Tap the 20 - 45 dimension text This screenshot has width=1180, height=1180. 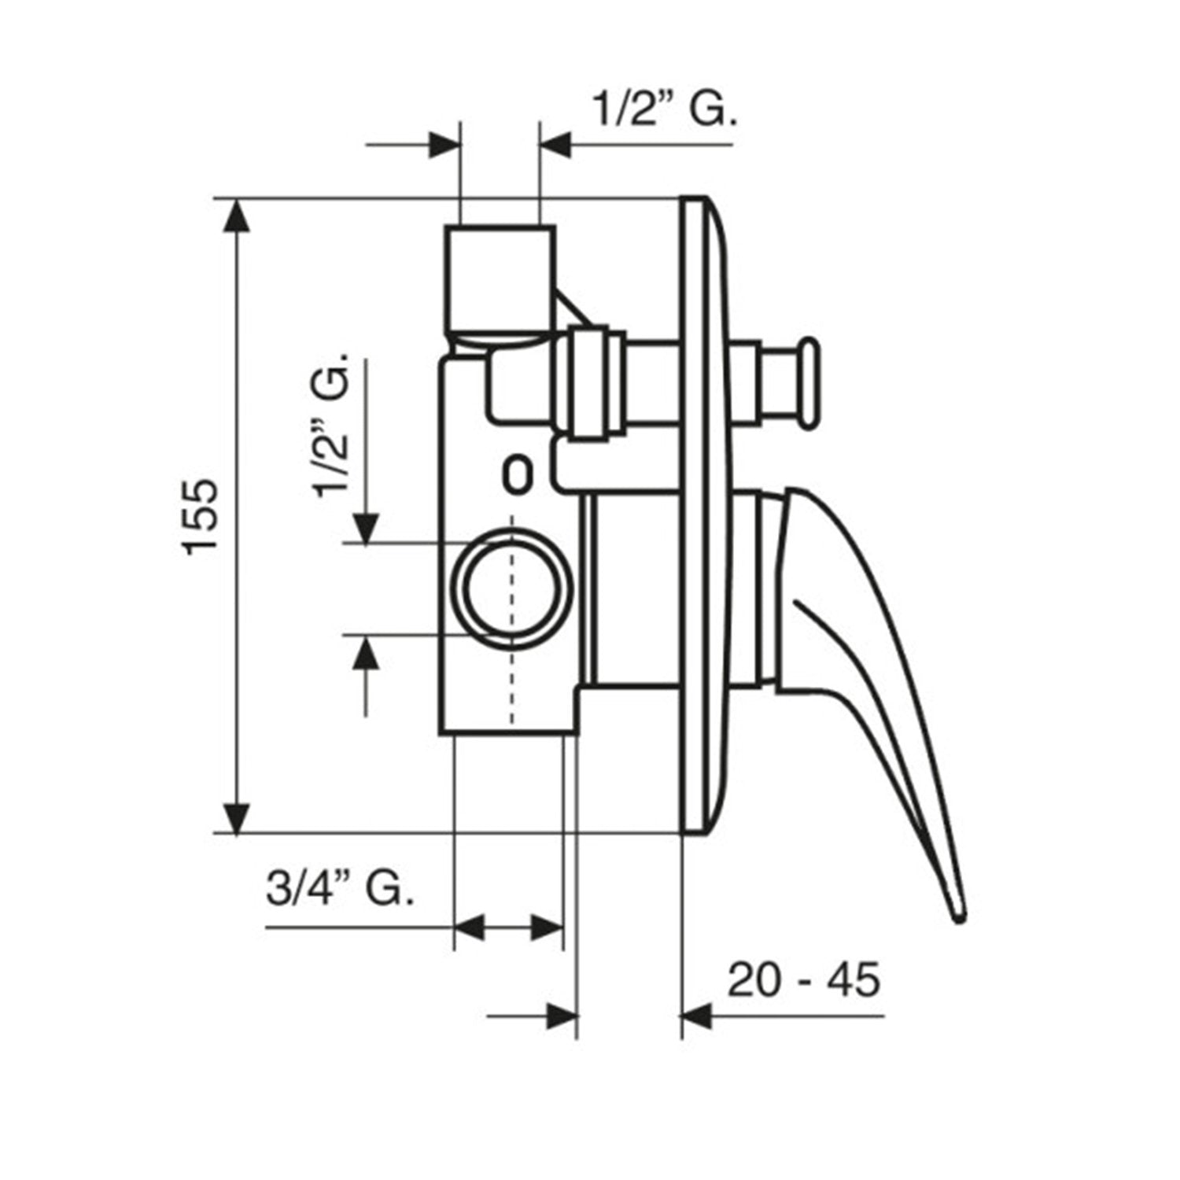[x=803, y=980]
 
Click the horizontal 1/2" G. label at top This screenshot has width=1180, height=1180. [x=665, y=111]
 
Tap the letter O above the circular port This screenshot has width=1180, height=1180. [x=515, y=474]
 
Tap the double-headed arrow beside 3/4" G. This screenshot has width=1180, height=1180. [x=509, y=927]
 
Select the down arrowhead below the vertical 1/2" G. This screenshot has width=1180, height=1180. [x=366, y=527]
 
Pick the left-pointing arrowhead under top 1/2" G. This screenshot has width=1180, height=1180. [x=555, y=145]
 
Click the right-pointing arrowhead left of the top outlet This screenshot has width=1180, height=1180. [x=443, y=145]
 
